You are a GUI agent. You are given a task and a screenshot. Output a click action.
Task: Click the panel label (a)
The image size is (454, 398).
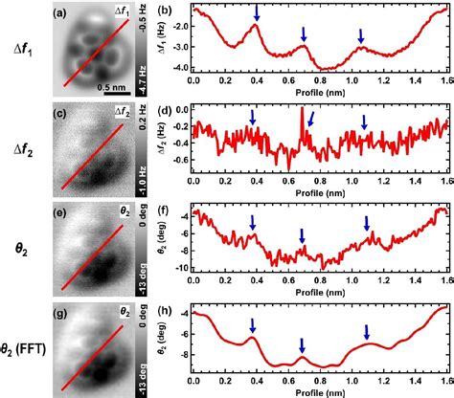[x=57, y=12]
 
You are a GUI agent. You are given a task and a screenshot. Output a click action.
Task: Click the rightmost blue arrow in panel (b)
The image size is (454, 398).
[x=361, y=35]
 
